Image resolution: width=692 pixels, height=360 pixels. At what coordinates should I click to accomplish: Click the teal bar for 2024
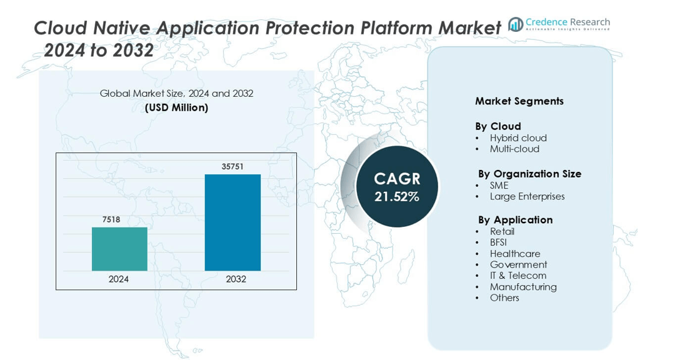tap(119, 249)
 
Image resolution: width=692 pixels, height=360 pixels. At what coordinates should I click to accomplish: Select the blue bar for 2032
tap(233, 222)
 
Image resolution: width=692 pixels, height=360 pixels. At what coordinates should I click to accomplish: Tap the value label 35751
tap(233, 167)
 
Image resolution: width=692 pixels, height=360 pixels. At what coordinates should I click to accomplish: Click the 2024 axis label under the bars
tap(119, 279)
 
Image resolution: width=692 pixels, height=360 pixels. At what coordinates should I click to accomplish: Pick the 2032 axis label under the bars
tap(236, 279)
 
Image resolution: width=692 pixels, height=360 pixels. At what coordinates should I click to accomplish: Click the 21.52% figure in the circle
tap(397, 197)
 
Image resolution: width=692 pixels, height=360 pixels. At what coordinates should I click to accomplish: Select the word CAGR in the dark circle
tap(397, 179)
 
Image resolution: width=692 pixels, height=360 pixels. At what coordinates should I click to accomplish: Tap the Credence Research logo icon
tap(516, 24)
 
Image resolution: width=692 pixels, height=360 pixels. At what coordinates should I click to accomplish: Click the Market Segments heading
tap(519, 101)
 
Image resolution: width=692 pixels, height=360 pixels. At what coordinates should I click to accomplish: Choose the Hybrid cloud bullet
tap(518, 138)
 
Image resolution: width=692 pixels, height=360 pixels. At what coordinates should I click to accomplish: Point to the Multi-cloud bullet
tap(514, 149)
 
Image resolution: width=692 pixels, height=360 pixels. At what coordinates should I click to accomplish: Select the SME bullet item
tap(499, 186)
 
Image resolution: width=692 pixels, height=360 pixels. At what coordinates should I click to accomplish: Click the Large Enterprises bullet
tap(527, 196)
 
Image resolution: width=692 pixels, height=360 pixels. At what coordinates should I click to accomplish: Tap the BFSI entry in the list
tap(498, 242)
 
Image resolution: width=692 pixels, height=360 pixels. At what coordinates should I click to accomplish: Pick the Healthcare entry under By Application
tap(515, 254)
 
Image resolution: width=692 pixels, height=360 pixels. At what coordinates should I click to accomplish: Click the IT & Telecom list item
tap(518, 276)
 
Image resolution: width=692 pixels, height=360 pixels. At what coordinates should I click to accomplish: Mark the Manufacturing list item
tap(523, 287)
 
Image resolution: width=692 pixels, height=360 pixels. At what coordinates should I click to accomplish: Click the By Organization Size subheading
tap(529, 174)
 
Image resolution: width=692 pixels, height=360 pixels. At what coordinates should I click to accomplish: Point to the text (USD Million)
tap(176, 107)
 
